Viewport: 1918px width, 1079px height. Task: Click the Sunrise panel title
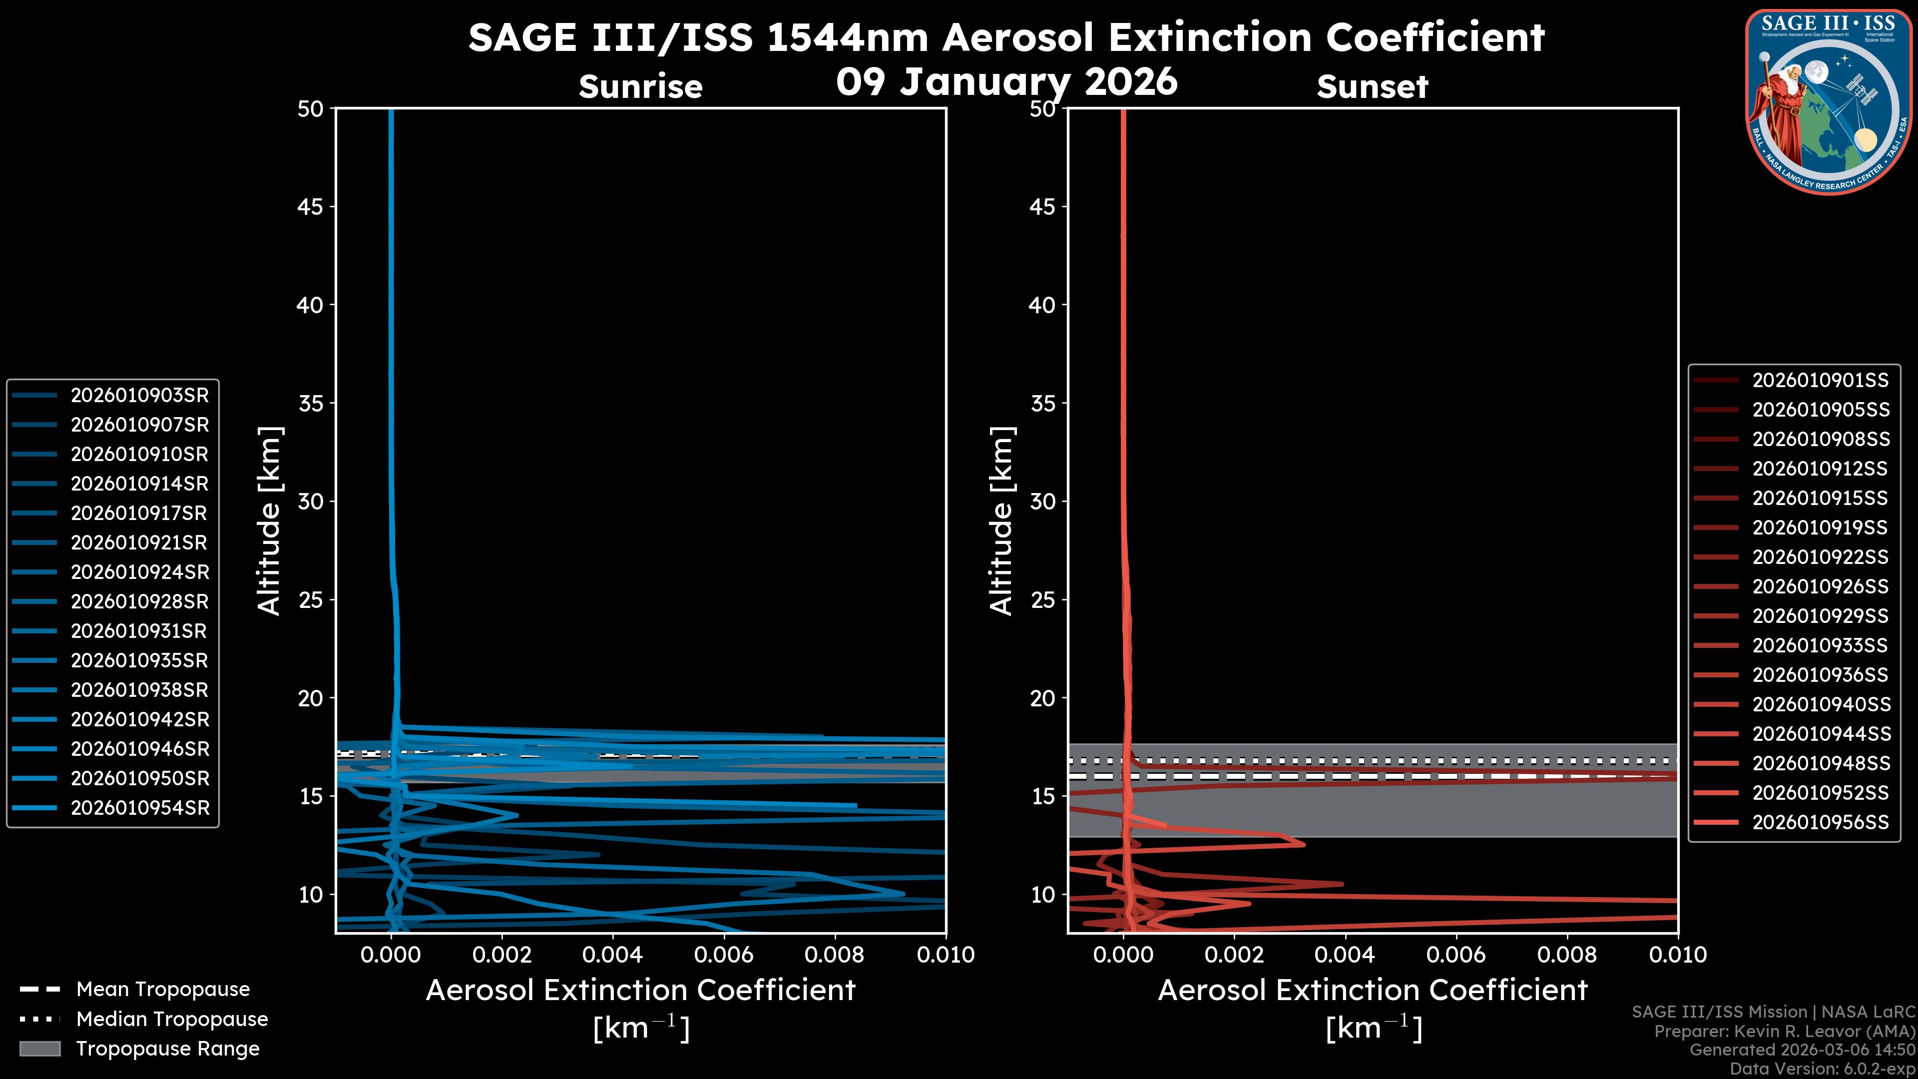[x=640, y=87]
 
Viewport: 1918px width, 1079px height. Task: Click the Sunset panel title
[x=1372, y=87]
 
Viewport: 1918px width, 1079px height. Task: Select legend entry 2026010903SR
[x=139, y=396]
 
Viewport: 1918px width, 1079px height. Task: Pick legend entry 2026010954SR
[x=139, y=808]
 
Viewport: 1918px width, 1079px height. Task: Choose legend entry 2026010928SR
[x=139, y=601]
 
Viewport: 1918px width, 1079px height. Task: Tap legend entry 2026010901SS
[x=1820, y=381]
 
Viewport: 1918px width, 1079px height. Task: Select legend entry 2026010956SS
[x=1820, y=822]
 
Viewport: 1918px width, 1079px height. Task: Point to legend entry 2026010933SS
[x=1820, y=645]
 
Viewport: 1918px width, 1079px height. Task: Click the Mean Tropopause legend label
[x=162, y=990]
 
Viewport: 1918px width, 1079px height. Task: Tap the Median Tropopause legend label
[x=171, y=1020]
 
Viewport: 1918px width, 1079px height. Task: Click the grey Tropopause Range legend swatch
[x=40, y=1049]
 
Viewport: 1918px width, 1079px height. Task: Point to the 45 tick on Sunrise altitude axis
[x=311, y=207]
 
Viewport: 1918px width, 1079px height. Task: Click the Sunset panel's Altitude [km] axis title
[x=1001, y=521]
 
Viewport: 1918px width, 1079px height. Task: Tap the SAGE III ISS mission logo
[x=1825, y=102]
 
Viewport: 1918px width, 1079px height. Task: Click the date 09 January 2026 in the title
[x=1006, y=82]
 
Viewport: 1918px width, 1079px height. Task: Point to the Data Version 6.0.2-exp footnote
[x=1823, y=1069]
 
